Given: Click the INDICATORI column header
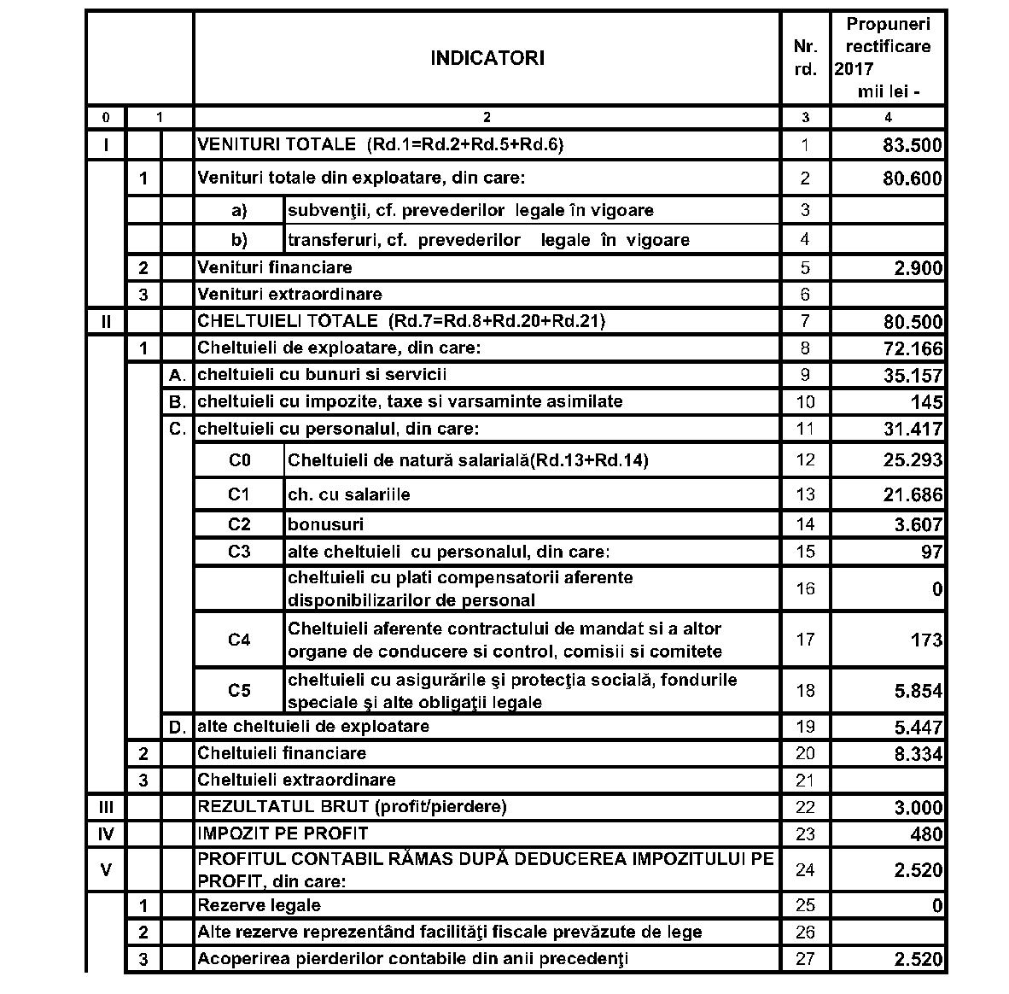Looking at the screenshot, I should coord(487,58).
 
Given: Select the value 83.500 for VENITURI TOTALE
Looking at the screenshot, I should coord(912,145).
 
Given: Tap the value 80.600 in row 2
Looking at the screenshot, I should coord(912,178).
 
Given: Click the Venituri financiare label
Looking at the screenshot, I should coord(275,267).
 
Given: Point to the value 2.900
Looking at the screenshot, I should coord(918,268).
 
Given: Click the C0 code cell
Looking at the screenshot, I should coord(240,460).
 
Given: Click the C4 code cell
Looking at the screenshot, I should coord(240,640).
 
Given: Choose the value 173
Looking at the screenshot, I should coord(926,640).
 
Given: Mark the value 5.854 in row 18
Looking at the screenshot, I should coord(918,691).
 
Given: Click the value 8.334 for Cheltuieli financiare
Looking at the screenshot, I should coord(918,754).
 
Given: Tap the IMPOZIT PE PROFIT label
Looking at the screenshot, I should coord(283,833).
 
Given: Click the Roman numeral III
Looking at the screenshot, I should coord(107,807).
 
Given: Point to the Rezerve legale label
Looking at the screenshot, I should coord(260,905).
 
